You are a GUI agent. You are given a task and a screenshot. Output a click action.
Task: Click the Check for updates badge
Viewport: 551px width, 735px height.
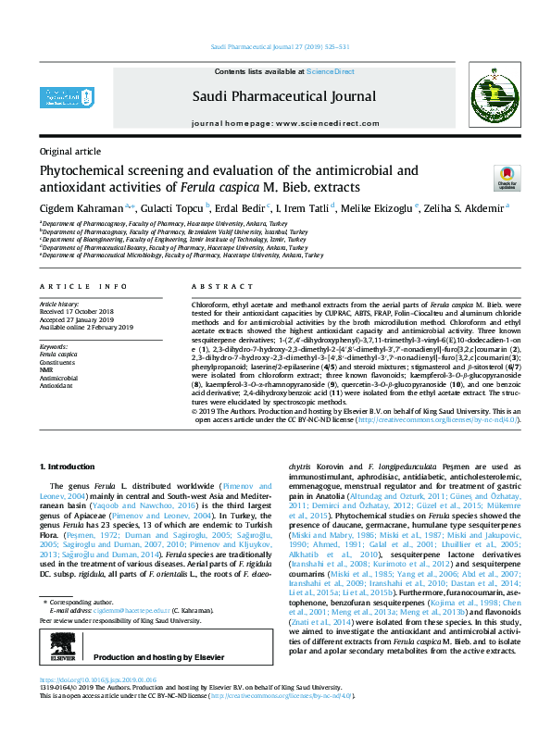coord(507,178)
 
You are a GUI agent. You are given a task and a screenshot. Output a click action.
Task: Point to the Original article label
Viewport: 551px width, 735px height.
coord(70,150)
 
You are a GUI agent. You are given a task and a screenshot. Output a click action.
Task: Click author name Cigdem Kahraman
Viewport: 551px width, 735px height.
coord(73,208)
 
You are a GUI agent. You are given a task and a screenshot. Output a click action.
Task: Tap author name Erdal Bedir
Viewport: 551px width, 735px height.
coord(243,208)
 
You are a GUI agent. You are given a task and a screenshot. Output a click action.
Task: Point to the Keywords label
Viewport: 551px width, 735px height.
coord(54,345)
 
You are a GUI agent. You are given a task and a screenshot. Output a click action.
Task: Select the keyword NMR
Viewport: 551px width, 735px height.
coord(46,369)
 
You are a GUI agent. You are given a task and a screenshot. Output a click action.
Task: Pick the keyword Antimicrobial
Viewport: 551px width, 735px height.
coord(57,378)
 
